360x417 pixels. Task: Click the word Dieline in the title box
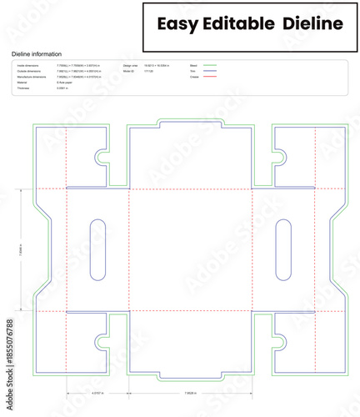[312, 24]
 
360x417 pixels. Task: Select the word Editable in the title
[238, 24]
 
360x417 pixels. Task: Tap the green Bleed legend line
[209, 64]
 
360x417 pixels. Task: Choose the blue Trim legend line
[209, 71]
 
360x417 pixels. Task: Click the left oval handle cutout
[97, 249]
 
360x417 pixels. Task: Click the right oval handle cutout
[283, 249]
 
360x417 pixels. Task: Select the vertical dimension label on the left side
[22, 249]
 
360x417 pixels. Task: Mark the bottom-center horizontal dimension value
[191, 392]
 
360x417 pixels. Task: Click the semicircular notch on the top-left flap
[101, 155]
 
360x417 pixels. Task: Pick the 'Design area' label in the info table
[131, 64]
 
